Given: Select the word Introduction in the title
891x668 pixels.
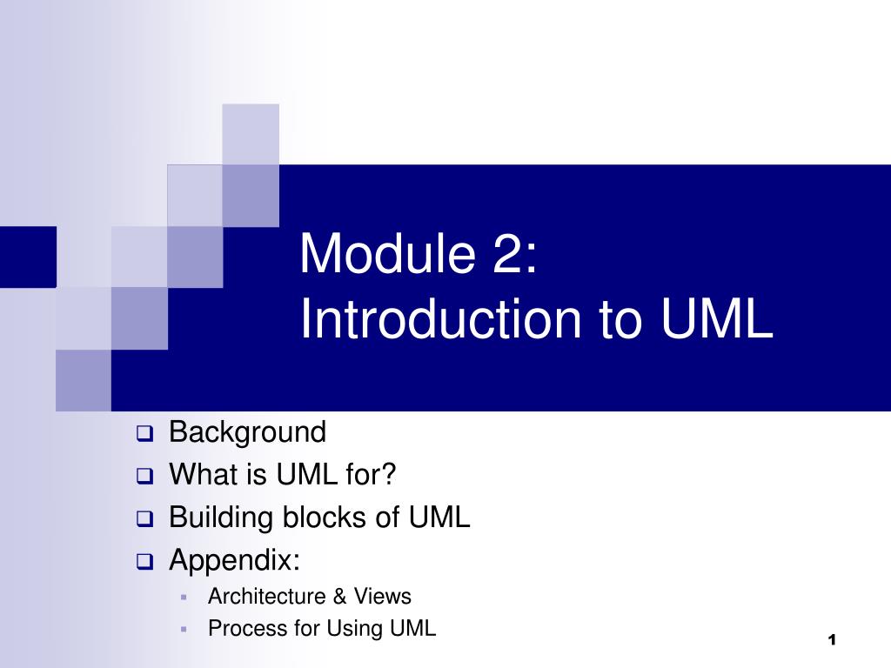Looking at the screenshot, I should click(x=440, y=319).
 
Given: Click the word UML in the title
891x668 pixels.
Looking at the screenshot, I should click(x=716, y=319).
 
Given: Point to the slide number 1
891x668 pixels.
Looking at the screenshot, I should click(x=832, y=640).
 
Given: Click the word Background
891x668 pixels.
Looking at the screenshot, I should click(x=247, y=431).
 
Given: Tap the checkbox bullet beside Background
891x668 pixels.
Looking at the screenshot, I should click(x=144, y=433).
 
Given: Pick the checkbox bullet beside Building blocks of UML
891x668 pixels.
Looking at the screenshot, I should click(x=144, y=519).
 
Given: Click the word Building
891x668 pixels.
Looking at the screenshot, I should click(x=221, y=518).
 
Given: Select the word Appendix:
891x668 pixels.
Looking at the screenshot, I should click(x=234, y=560).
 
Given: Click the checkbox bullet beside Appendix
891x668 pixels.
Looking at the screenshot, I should click(x=144, y=562).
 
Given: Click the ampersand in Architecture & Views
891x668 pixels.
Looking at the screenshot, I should click(x=339, y=597).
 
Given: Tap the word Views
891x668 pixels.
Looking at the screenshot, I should click(x=382, y=597).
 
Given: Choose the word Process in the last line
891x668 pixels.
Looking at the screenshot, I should click(x=239, y=628).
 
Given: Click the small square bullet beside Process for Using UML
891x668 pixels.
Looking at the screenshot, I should click(x=184, y=629).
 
